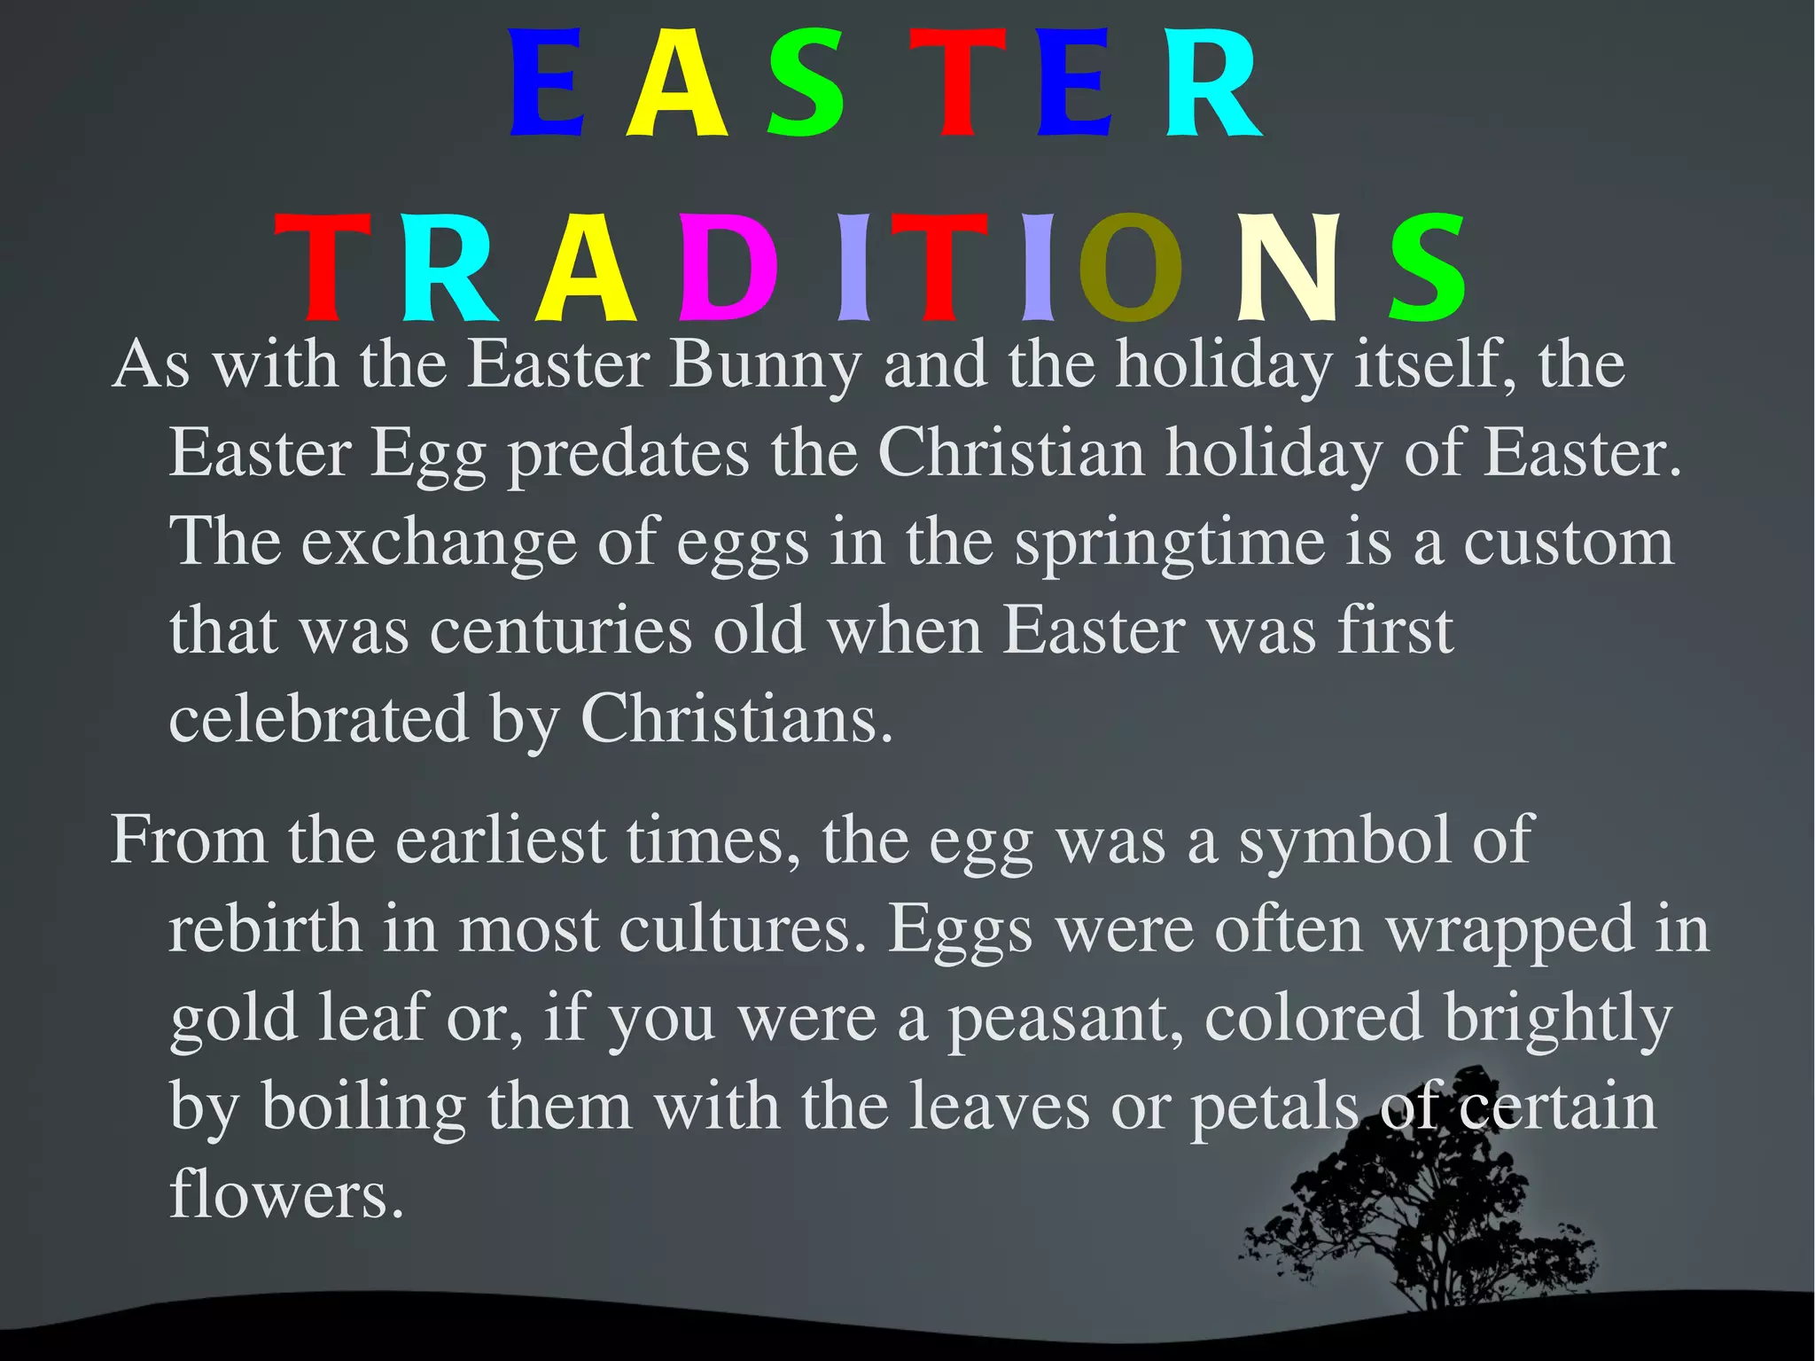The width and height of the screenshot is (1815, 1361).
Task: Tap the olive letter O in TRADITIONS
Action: tap(1130, 268)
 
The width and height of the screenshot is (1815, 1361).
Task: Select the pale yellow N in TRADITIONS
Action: tap(1287, 268)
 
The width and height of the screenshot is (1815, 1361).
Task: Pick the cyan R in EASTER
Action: tap(1211, 83)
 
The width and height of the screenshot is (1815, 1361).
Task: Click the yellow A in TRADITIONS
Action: tap(586, 268)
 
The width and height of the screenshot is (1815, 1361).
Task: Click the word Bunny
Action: tap(765, 365)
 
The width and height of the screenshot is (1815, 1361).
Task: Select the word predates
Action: tap(628, 455)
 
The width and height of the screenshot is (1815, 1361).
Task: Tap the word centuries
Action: tap(561, 631)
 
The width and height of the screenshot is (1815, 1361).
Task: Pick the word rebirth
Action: tap(265, 929)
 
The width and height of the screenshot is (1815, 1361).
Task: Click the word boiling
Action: tap(363, 1107)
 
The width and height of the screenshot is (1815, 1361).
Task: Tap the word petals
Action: tap(1274, 1107)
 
